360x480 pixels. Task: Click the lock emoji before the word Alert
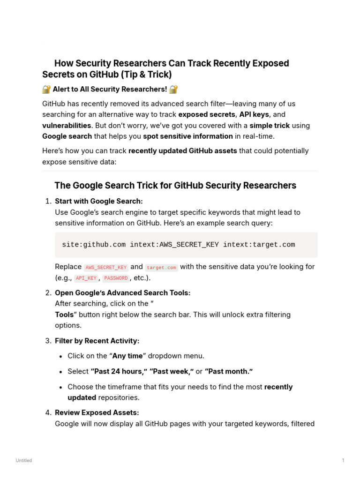coord(46,89)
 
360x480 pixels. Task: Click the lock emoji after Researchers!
coord(173,89)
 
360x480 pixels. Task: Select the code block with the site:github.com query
coord(186,245)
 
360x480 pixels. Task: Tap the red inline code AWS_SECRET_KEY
coord(106,267)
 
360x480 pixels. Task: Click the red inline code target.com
coord(161,267)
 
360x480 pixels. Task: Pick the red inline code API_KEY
coord(86,278)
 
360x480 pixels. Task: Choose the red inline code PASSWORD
coord(115,278)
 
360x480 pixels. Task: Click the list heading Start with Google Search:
coord(98,201)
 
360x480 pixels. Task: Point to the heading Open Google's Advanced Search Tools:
coord(122,293)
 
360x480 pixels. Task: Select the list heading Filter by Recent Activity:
coord(97,341)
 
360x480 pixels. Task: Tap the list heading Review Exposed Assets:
coord(97,412)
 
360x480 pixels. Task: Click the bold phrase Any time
coord(127,356)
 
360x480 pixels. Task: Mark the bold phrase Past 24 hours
coord(119,371)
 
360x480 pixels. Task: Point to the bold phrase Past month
coord(229,371)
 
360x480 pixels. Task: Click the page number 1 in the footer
coord(343,460)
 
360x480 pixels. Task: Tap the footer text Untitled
coord(24,460)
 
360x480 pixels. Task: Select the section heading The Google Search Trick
coord(175,186)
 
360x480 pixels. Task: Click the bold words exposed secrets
coord(206,114)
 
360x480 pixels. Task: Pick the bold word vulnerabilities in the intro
coord(67,126)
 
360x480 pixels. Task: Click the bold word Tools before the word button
coord(64,315)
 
